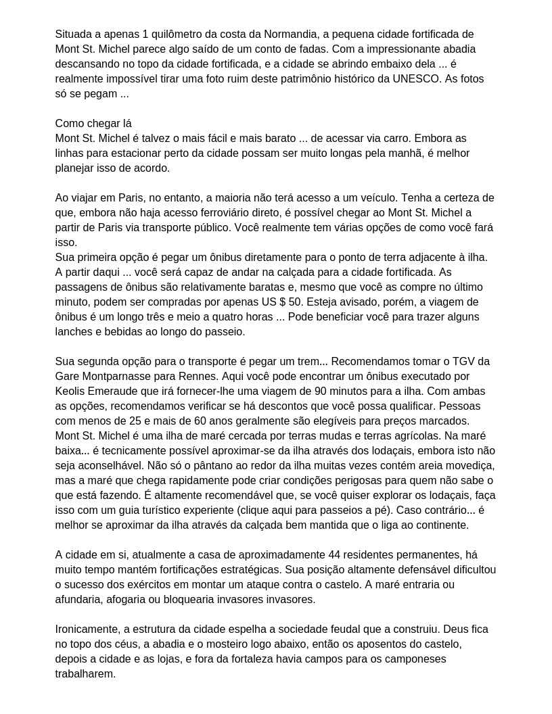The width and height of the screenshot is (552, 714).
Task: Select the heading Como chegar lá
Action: pyautogui.click(x=93, y=124)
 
